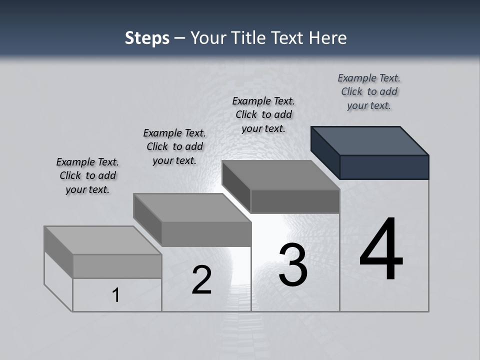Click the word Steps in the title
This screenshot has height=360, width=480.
tap(147, 38)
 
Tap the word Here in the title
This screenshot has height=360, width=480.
tap(328, 38)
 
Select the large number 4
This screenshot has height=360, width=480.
tap(381, 250)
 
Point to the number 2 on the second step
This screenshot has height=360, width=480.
tap(201, 280)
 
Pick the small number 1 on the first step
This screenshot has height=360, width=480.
tap(116, 295)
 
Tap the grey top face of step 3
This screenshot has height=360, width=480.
tap(280, 175)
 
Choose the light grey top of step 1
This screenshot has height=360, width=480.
tap(102, 240)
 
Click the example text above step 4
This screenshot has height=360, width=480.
tap(369, 92)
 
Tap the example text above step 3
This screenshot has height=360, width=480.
tap(263, 114)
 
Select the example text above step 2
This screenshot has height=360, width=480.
tap(174, 146)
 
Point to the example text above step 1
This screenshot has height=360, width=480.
tap(87, 175)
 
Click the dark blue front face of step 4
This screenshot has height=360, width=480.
tap(384, 167)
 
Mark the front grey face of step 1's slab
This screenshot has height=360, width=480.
tap(117, 266)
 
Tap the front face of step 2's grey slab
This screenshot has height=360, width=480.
tap(206, 234)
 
